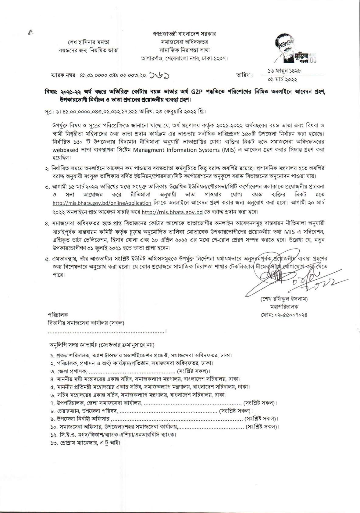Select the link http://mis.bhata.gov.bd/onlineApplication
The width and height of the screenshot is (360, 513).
click(102, 203)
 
